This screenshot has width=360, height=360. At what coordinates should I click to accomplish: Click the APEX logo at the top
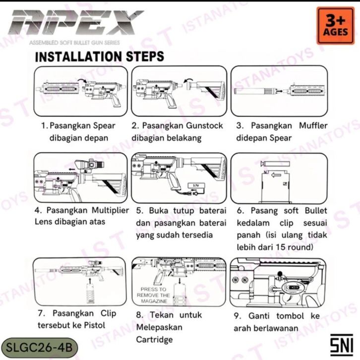[x=76, y=22]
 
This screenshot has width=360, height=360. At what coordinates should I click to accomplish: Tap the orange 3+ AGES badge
[x=335, y=26]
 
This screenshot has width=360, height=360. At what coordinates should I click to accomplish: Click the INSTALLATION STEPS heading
[x=99, y=57]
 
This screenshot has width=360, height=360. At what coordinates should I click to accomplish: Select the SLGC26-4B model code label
[x=39, y=348]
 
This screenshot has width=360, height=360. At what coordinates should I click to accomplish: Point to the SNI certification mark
[x=341, y=345]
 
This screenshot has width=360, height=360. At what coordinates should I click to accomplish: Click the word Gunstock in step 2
[x=204, y=125]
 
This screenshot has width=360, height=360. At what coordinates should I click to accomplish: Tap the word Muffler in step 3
[x=313, y=125]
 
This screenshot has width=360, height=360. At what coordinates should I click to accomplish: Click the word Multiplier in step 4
[x=110, y=210]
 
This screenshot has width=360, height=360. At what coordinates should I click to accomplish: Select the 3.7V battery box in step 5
[x=196, y=185]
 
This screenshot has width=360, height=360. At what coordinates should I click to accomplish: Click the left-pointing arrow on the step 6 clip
[x=276, y=176]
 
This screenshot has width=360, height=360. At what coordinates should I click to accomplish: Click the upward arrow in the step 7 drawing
[x=90, y=281]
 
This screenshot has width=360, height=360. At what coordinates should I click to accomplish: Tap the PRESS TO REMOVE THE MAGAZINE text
[x=154, y=295]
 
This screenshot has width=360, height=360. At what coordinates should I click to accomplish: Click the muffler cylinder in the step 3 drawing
[x=249, y=91]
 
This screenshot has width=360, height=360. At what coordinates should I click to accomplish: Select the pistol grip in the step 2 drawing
[x=171, y=101]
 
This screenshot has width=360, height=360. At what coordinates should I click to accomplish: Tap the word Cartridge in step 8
[x=154, y=339]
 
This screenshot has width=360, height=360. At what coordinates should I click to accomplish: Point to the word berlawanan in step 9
[x=279, y=328]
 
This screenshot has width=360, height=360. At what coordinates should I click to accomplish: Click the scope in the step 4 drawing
[x=90, y=165]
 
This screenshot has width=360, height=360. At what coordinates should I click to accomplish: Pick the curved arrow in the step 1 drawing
[x=82, y=80]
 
